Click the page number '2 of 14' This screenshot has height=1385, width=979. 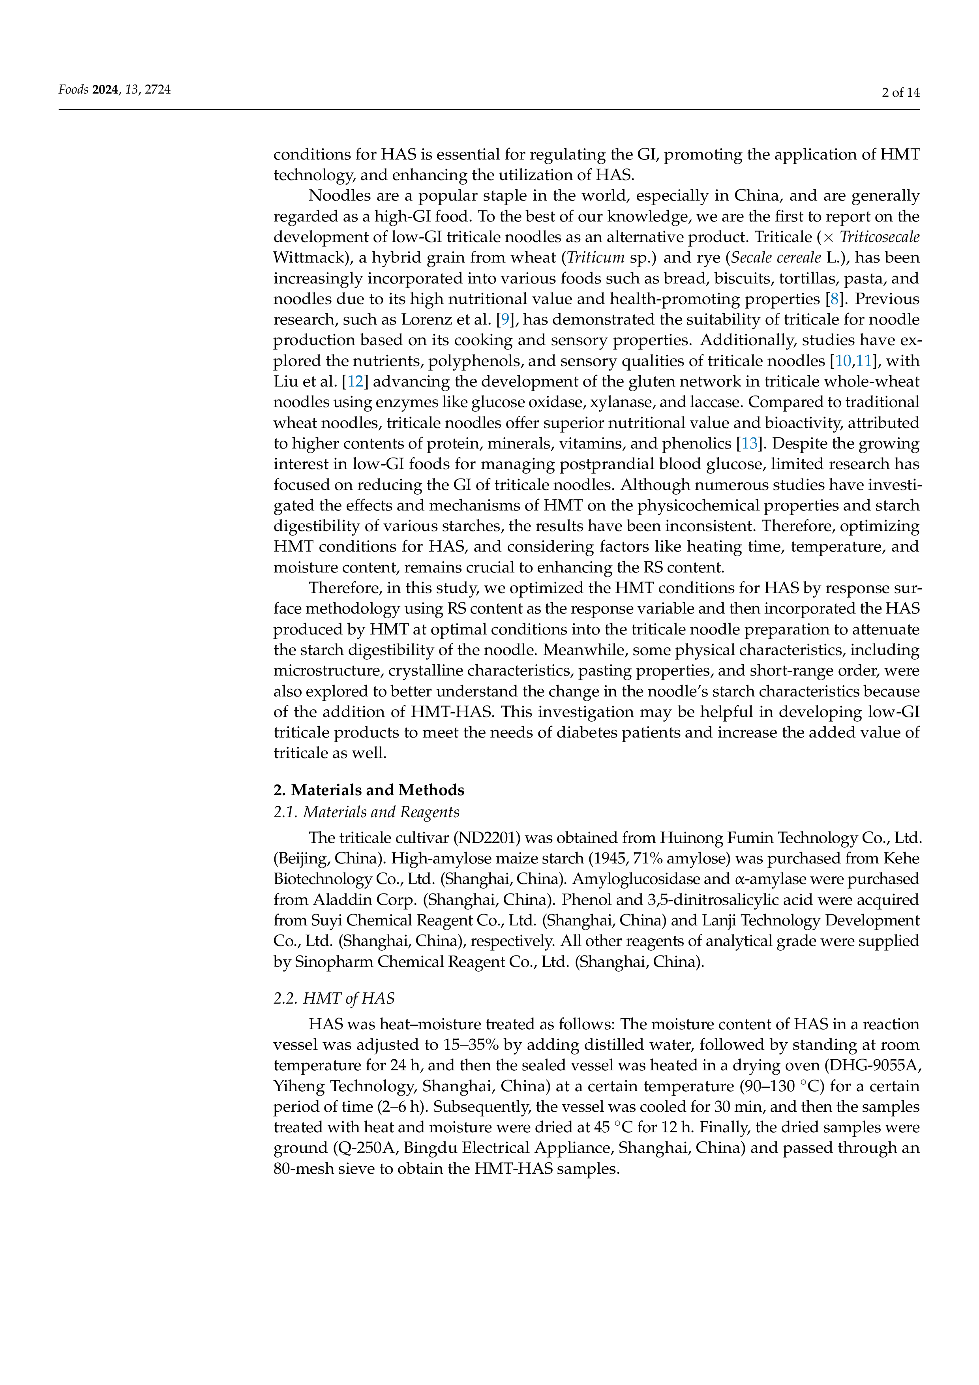tap(900, 92)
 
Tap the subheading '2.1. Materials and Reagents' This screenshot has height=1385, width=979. tap(366, 812)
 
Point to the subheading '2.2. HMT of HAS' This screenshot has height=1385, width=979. tap(334, 998)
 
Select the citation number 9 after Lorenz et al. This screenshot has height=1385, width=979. tap(505, 320)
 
